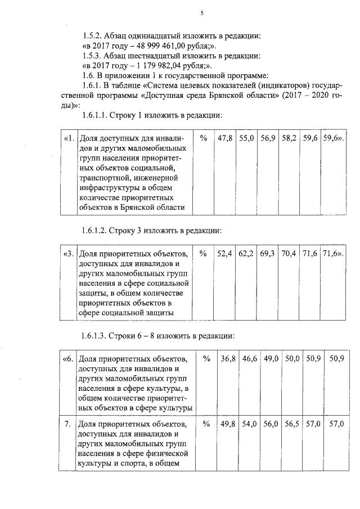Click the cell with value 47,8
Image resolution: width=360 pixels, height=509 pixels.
[x=226, y=138]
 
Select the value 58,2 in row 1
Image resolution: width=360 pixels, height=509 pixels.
[x=289, y=138]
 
